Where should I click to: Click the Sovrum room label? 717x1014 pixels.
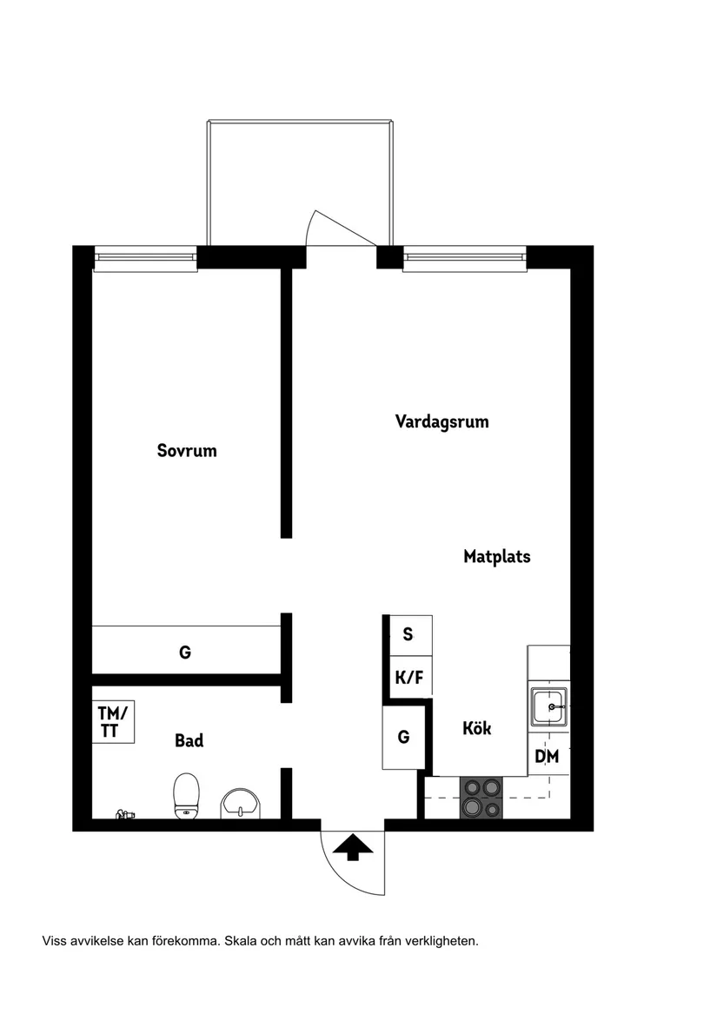click(187, 451)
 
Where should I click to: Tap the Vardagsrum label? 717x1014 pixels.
click(441, 422)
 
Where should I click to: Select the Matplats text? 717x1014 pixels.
click(496, 557)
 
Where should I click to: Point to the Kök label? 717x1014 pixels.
click(476, 728)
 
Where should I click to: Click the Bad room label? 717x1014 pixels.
click(189, 741)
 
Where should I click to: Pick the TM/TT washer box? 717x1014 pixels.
click(114, 722)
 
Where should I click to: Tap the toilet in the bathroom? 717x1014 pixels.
click(187, 795)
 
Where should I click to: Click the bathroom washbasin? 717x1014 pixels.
click(241, 803)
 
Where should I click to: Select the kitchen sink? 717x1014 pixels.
click(549, 707)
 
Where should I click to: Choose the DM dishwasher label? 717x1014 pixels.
click(547, 757)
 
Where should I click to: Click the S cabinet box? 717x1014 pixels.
click(408, 634)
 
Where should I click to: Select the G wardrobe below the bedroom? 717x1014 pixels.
click(185, 652)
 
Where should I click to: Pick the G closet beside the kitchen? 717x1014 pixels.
click(403, 737)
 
